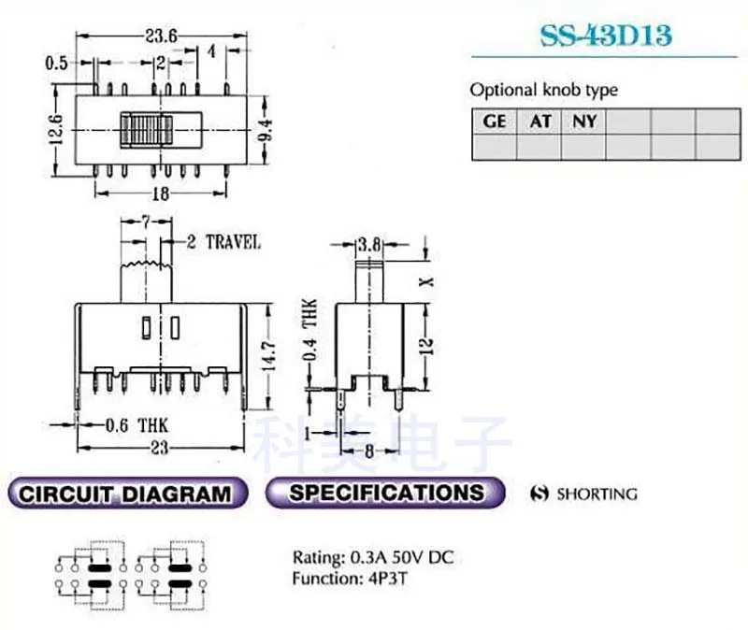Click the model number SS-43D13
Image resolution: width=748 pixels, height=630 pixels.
[606, 37]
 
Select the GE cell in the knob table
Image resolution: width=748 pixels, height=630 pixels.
[494, 122]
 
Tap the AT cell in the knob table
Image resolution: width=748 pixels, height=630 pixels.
[540, 122]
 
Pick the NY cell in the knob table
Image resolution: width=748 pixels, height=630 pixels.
[585, 122]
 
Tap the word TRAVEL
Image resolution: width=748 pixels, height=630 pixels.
[232, 243]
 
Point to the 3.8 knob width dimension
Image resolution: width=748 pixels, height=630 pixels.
[368, 246]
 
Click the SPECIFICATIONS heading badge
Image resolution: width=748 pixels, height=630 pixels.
[385, 493]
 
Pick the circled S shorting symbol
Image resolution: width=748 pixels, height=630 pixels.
[538, 494]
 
